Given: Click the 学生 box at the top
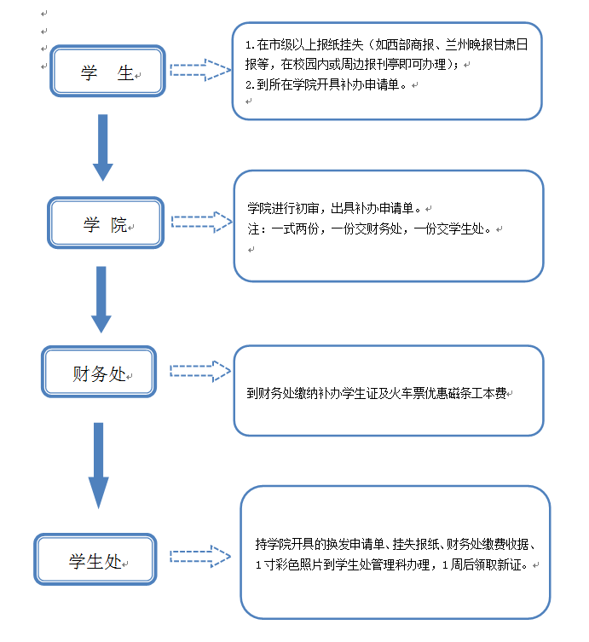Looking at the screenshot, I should [107, 72].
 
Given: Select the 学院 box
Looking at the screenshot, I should [104, 225].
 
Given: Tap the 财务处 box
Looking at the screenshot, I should [99, 373].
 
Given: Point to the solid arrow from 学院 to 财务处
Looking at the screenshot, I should [101, 298].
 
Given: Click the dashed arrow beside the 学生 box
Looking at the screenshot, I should [201, 69].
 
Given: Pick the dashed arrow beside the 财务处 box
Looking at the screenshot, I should [200, 371].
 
